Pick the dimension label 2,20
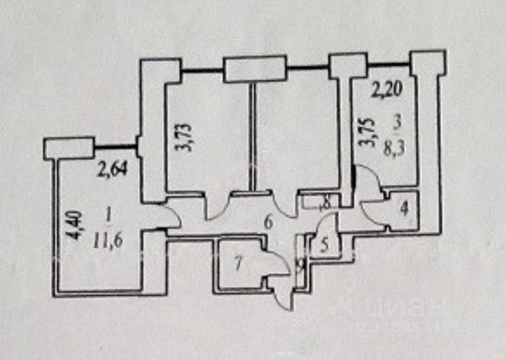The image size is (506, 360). (387, 91)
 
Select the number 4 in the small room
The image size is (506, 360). (405, 209)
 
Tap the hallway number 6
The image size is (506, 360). (268, 223)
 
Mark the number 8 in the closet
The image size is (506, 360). (325, 203)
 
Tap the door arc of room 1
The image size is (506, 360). (171, 215)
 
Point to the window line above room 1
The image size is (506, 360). (116, 146)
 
